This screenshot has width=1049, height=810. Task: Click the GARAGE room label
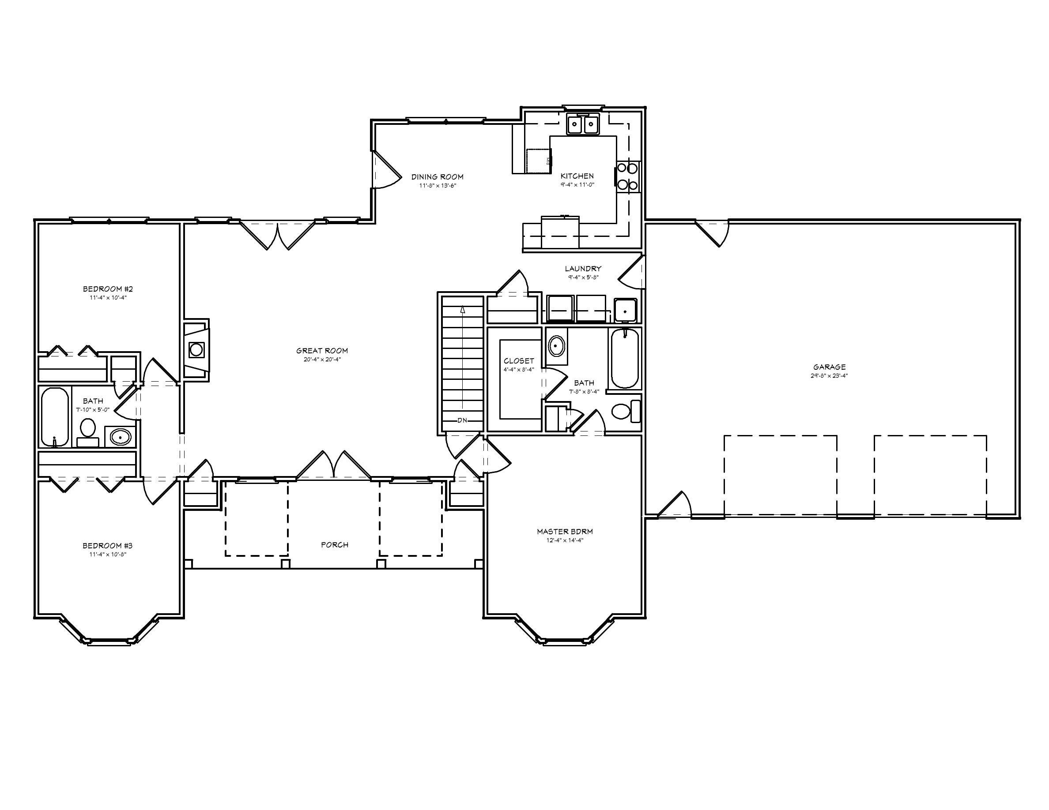(x=830, y=367)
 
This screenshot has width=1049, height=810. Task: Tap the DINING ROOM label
(x=437, y=177)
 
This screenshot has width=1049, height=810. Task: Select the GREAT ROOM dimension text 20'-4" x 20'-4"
(x=322, y=360)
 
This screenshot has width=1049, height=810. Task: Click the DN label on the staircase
(x=462, y=420)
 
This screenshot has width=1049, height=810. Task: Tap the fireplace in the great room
(x=196, y=350)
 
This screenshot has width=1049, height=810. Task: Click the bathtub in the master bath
(x=624, y=358)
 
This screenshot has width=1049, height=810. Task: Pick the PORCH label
(x=335, y=545)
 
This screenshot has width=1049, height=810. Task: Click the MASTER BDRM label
(x=565, y=532)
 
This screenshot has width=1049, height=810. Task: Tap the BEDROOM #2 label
(x=108, y=289)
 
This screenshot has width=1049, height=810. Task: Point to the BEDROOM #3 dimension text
(x=108, y=554)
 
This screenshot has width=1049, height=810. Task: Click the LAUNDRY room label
(x=583, y=269)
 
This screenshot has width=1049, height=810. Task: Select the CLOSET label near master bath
(x=519, y=361)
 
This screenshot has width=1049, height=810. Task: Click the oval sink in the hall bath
(x=120, y=437)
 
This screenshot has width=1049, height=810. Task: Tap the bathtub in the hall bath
(x=55, y=416)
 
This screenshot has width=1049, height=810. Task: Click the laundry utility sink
(x=625, y=310)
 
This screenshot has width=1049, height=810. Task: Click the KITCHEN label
(x=577, y=176)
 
